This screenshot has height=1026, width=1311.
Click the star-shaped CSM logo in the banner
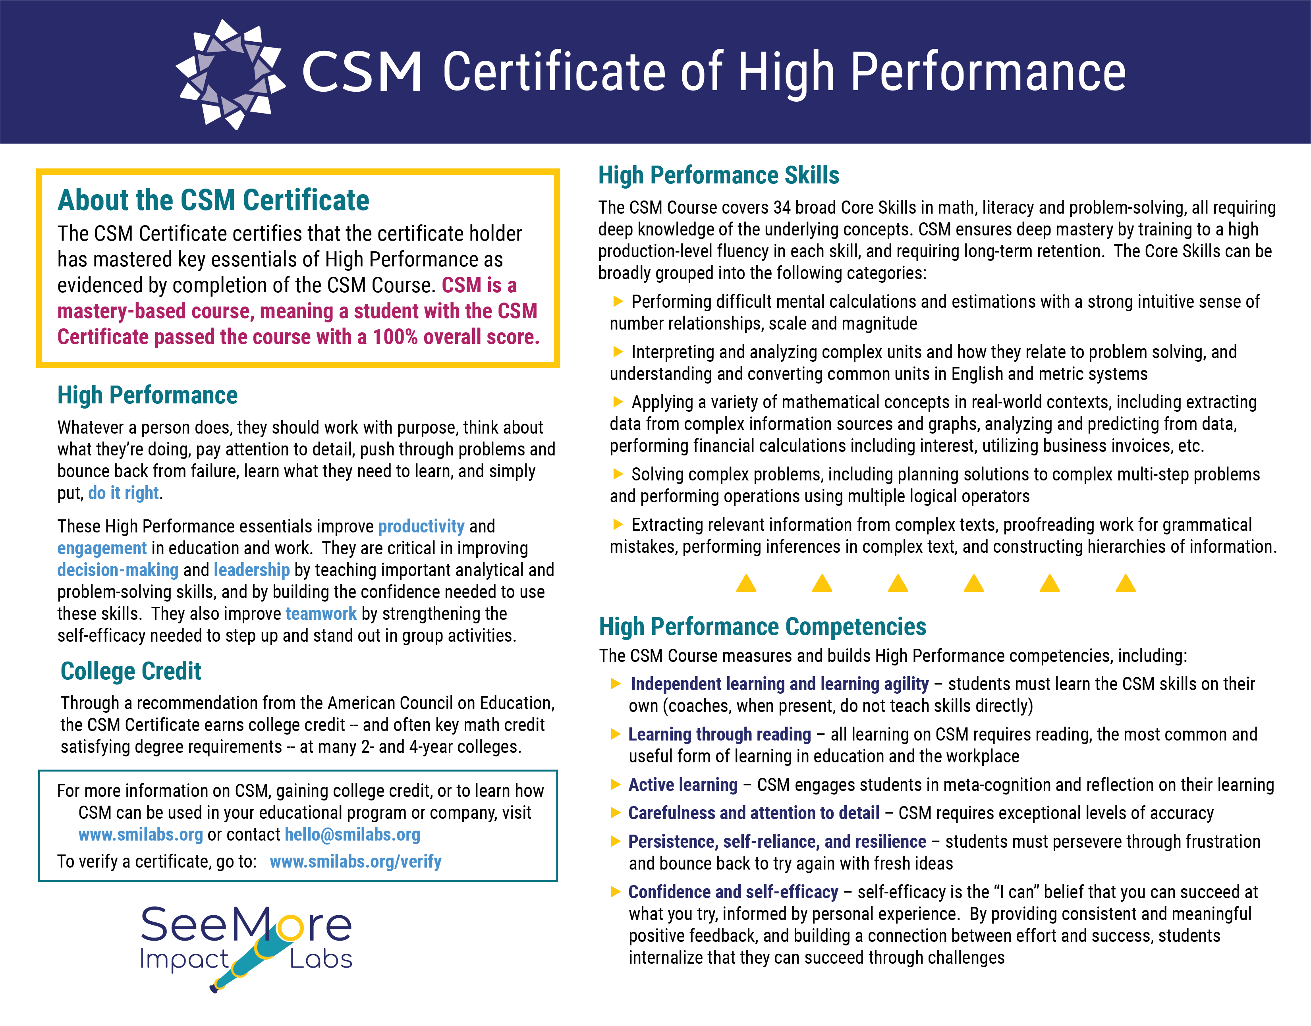pyautogui.click(x=230, y=73)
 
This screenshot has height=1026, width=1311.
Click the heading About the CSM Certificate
pyautogui.click(x=213, y=201)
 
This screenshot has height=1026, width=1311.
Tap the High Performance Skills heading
pyautogui.click(x=718, y=175)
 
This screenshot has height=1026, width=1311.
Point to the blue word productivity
pyautogui.click(x=421, y=526)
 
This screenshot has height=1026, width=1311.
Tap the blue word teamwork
pyautogui.click(x=321, y=614)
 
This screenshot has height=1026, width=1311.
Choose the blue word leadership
pyautogui.click(x=252, y=570)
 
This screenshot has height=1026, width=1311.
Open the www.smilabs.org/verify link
pyautogui.click(x=356, y=861)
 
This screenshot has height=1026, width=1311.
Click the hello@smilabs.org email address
pyautogui.click(x=353, y=834)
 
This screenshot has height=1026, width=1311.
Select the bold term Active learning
pyautogui.click(x=683, y=785)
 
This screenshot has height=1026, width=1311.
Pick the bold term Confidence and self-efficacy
pyautogui.click(x=733, y=892)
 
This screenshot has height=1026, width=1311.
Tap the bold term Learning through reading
pyautogui.click(x=719, y=734)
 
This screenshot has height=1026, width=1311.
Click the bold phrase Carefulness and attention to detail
pyautogui.click(x=753, y=813)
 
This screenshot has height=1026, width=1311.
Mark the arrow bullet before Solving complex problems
pyautogui.click(x=617, y=474)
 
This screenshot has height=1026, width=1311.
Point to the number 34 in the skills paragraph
pyautogui.click(x=782, y=208)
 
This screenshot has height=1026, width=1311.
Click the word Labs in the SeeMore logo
pyautogui.click(x=321, y=959)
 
